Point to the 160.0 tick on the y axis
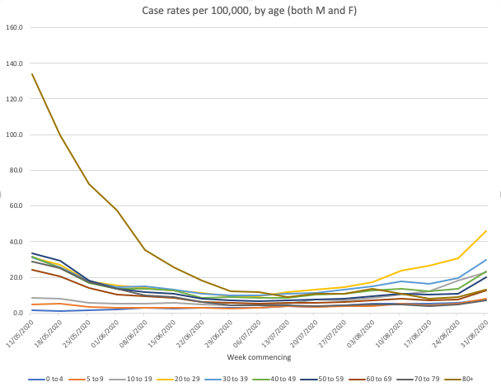coord(15,27)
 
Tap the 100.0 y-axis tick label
coord(15,135)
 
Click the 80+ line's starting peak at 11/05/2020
coord(31,74)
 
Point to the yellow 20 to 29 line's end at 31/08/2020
coord(486,231)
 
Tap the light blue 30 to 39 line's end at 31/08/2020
coord(486,260)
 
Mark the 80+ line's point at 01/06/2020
coord(117,210)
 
